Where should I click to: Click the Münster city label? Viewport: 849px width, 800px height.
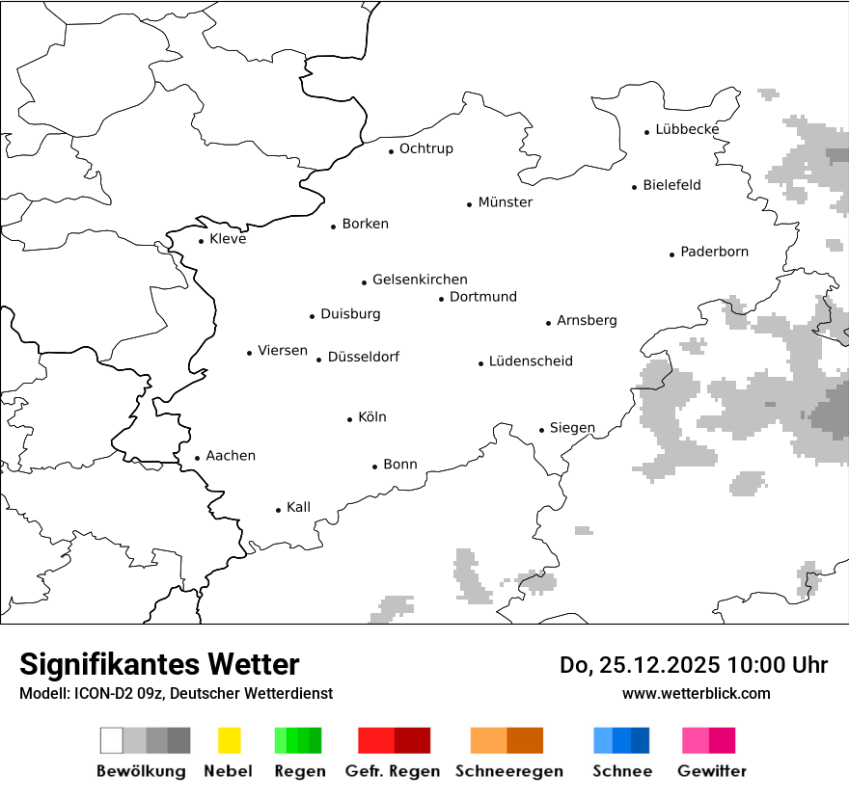[506, 202]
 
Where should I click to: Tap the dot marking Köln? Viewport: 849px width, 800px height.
[350, 419]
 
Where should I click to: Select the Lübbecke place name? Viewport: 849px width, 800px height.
[687, 129]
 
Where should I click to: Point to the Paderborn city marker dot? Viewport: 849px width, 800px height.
[672, 254]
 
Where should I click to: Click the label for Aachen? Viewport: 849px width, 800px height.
[231, 456]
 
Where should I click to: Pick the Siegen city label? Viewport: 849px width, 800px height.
[572, 428]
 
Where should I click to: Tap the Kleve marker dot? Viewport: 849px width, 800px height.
[202, 241]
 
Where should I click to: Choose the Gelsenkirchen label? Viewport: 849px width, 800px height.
[420, 280]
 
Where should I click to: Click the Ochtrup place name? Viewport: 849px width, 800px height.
[426, 148]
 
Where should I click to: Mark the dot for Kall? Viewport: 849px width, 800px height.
[279, 510]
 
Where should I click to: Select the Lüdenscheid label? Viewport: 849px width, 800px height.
[531, 361]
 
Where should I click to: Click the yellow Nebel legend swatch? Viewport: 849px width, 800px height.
[229, 740]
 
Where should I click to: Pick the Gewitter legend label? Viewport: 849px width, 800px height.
[712, 771]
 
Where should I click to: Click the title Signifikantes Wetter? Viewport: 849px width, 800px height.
[159, 664]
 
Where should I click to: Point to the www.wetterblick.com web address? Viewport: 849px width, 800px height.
[697, 693]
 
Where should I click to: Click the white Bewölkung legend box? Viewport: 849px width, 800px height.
[112, 740]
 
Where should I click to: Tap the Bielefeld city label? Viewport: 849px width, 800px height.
[671, 185]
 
